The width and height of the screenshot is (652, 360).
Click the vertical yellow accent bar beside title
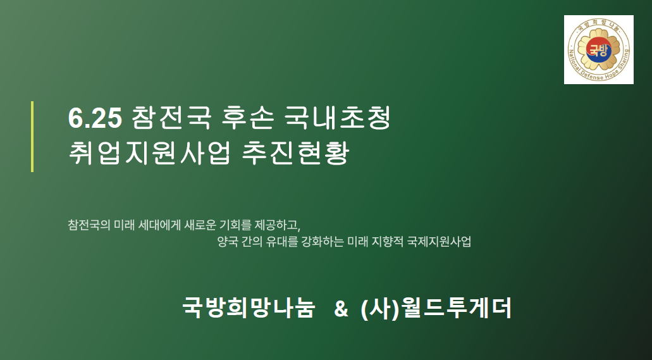pyautogui.click(x=32, y=136)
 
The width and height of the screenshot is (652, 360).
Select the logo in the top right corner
pyautogui.click(x=598, y=50)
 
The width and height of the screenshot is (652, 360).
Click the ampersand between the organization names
pyautogui.click(x=341, y=309)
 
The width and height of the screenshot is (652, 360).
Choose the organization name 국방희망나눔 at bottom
pyautogui.click(x=248, y=309)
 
